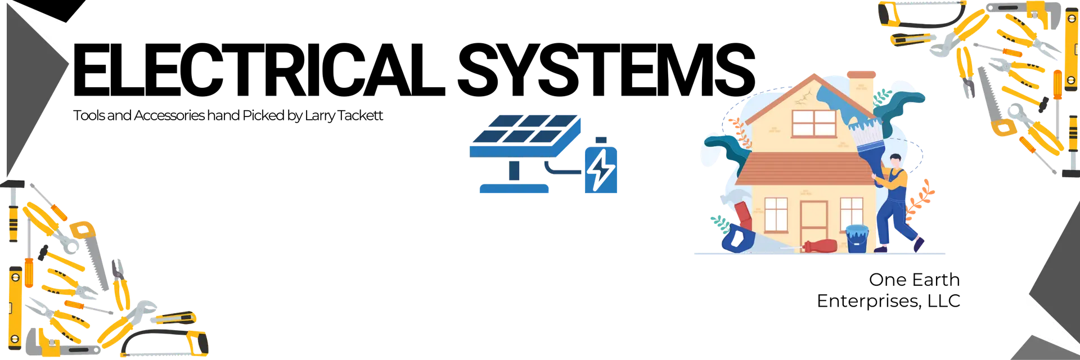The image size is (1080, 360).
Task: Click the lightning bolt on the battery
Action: [x=601, y=169]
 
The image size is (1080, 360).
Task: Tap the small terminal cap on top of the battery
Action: [x=602, y=139]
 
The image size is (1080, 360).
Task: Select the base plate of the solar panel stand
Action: [x=514, y=189]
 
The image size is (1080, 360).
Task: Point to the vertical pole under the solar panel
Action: [x=514, y=169]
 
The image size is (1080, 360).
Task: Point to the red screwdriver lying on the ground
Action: [x=821, y=246]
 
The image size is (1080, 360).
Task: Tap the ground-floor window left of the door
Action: [x=776, y=214]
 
